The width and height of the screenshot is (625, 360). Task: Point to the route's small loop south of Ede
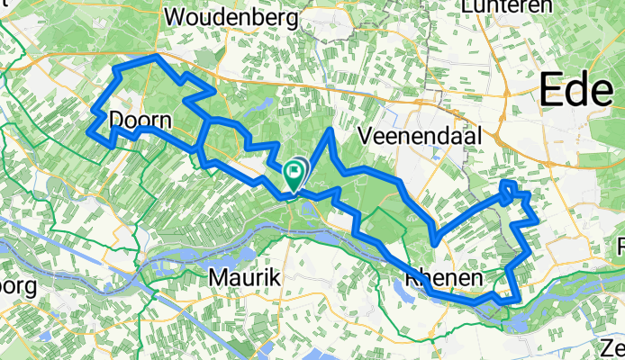[x=509, y=187]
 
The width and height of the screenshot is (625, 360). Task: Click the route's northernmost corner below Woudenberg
[x=158, y=57]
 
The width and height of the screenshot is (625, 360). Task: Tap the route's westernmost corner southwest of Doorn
[x=89, y=132]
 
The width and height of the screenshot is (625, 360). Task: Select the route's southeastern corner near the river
[x=514, y=300]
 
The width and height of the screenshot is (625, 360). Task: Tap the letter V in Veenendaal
[x=365, y=136]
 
